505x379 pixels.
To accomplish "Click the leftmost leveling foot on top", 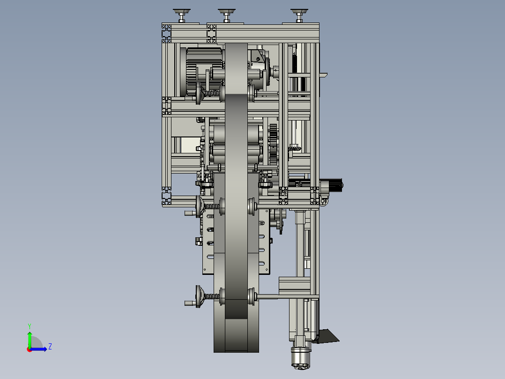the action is click(182, 15).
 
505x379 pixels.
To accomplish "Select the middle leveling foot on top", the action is click(227, 15).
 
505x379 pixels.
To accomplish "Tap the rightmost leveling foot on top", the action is click(299, 15).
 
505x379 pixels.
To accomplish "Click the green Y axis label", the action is click(30, 326).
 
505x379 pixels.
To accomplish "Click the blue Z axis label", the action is click(50, 347).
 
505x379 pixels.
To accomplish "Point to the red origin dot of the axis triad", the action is click(30, 349).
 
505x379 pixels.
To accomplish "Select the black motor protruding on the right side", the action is click(335, 185).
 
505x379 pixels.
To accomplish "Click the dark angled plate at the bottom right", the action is click(327, 336).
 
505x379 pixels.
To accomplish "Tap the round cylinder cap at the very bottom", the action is click(300, 358).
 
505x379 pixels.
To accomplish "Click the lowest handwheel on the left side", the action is click(199, 296).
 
